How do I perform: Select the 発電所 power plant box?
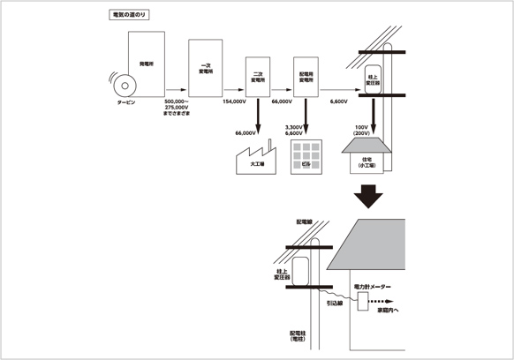click(x=146, y=64)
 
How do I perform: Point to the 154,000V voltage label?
click(x=233, y=101)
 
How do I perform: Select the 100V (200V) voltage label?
click(x=361, y=131)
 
